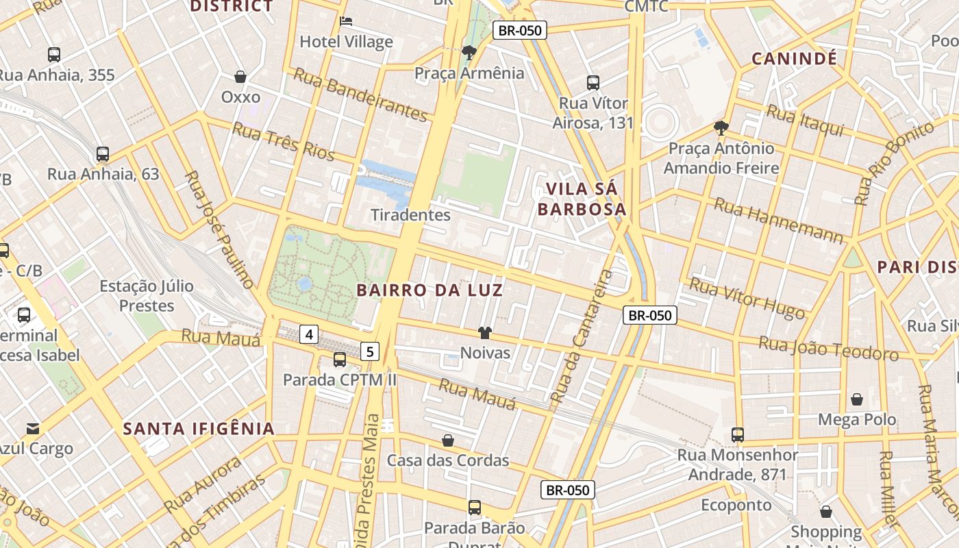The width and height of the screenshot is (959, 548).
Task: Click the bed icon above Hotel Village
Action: pos(346,22)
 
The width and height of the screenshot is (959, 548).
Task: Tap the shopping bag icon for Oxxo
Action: pos(240,77)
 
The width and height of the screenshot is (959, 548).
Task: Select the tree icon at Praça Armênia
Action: pos(469,53)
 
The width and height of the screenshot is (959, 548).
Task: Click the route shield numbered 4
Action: pos(310,334)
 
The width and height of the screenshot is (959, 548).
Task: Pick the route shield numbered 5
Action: pos(370,351)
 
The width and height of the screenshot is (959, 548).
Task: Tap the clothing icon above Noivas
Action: pos(485,333)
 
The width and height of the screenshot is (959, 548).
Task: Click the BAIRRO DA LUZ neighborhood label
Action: pos(429,290)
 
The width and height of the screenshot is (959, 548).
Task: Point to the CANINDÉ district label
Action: pos(795,59)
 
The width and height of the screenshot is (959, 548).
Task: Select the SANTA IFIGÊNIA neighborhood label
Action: pos(199,429)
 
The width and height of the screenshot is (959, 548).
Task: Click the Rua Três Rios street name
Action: pos(283,141)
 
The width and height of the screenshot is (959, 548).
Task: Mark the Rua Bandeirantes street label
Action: pos(360,94)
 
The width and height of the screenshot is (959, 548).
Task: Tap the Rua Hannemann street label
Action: pos(779,221)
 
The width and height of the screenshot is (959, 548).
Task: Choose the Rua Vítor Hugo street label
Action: pos(747,299)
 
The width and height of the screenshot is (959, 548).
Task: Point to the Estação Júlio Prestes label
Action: pos(147,296)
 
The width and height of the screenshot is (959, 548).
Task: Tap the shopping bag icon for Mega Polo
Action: pos(857,399)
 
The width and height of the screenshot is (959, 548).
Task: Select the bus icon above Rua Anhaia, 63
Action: pos(103,154)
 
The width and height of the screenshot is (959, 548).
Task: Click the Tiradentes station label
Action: pos(410,215)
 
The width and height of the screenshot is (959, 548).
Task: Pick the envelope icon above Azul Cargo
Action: pos(33,429)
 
